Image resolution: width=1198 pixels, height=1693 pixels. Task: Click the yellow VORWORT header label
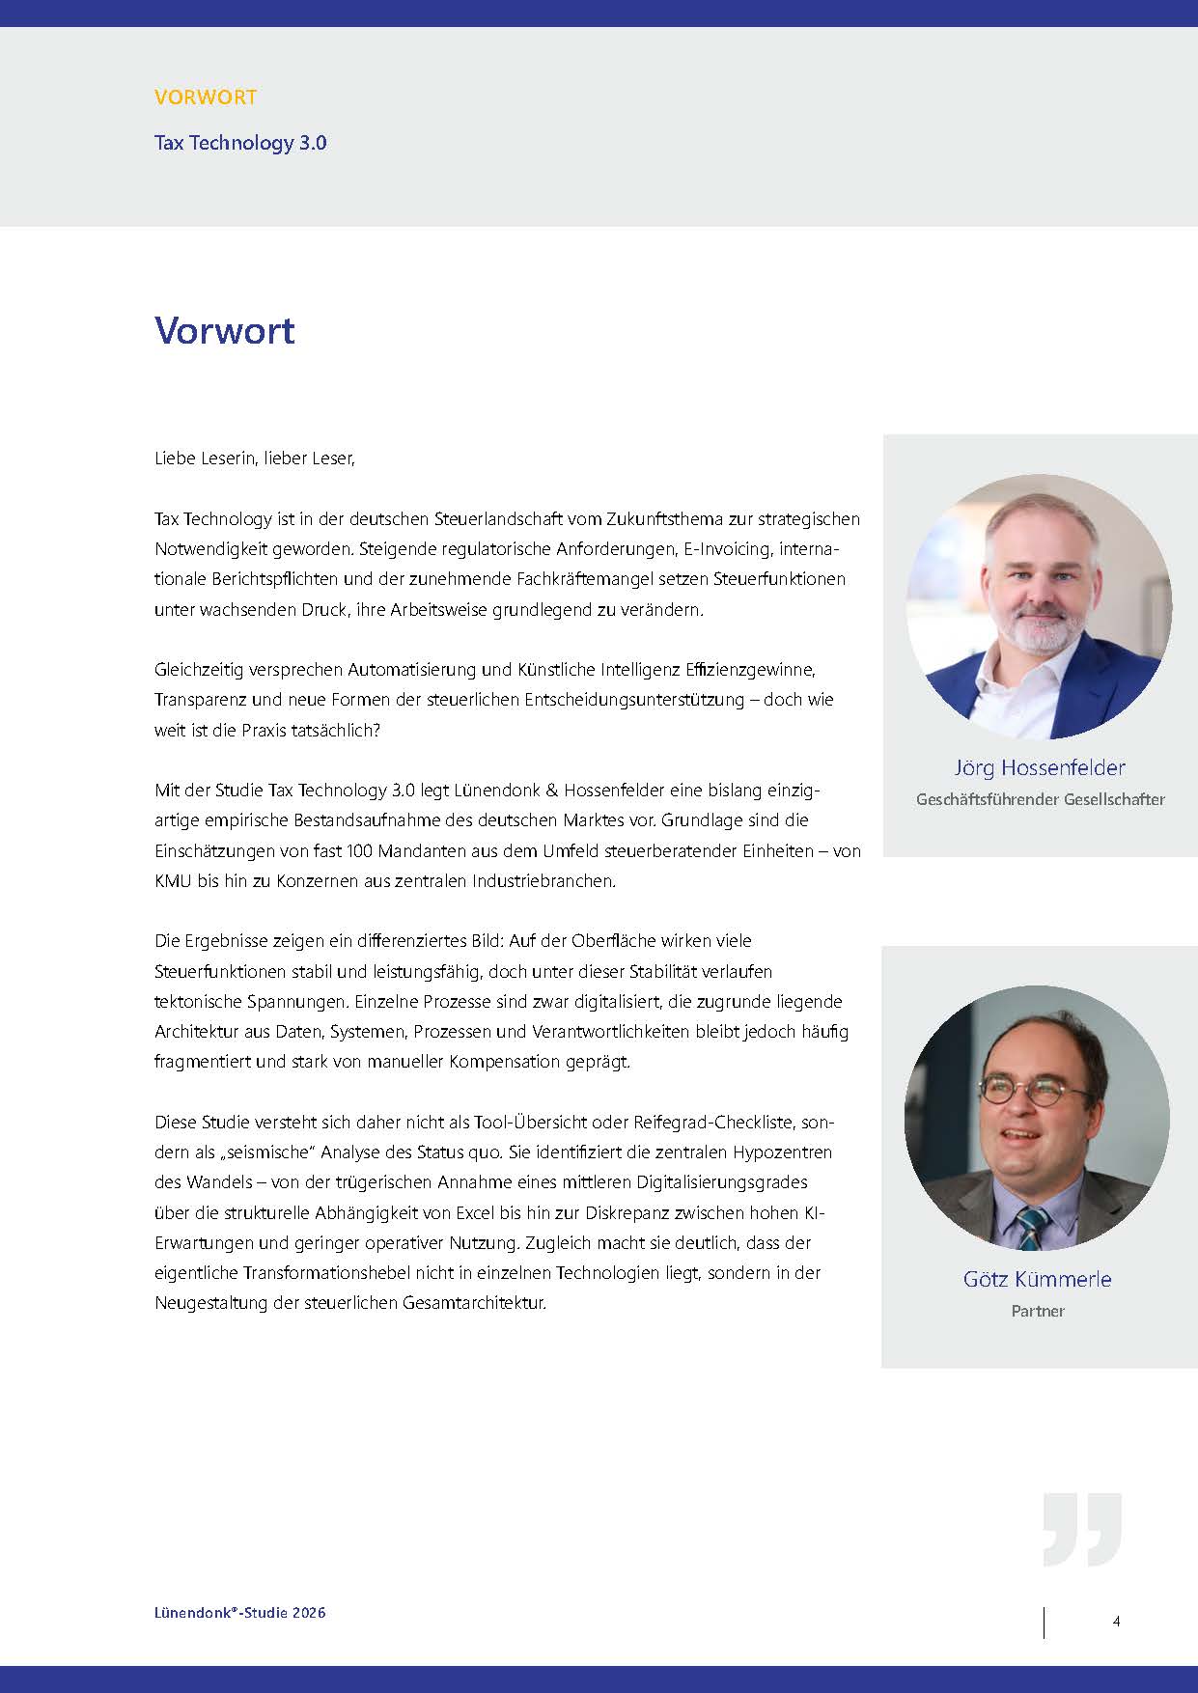[x=205, y=97]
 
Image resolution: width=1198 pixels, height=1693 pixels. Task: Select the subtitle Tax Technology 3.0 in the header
[x=240, y=143]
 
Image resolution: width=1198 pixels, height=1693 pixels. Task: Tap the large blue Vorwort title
[x=224, y=330]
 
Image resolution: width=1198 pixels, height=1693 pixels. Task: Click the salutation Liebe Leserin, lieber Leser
[x=255, y=458]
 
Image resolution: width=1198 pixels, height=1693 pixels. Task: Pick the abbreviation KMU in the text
[x=174, y=881]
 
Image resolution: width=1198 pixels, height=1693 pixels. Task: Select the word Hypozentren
[x=781, y=1152]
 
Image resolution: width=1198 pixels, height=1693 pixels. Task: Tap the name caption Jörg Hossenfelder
[x=1040, y=768]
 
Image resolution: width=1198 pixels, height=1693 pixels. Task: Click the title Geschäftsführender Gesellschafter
[x=1040, y=799]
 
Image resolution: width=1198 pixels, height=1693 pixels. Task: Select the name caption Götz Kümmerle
[x=1037, y=1280]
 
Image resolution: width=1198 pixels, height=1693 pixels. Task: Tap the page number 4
[x=1116, y=1622]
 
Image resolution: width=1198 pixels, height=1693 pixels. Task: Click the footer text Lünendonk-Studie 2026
[x=239, y=1613]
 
